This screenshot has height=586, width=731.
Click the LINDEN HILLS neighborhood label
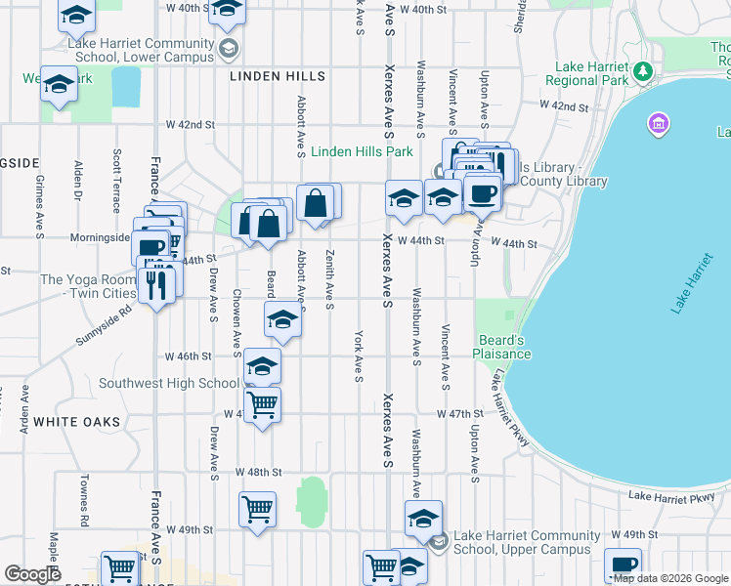[277, 76]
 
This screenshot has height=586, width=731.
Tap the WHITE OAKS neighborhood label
[76, 422]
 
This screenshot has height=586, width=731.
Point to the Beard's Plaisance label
[503, 346]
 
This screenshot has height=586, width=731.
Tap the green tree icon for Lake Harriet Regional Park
[643, 70]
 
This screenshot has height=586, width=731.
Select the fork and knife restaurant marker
[156, 284]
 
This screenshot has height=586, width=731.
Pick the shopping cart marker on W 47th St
[261, 404]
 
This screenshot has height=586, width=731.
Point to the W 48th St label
[258, 472]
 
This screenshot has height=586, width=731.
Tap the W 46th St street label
[189, 356]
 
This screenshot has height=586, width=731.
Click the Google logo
[33, 574]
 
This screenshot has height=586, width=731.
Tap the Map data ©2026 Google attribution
[670, 578]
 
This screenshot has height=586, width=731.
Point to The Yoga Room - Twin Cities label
[87, 286]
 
